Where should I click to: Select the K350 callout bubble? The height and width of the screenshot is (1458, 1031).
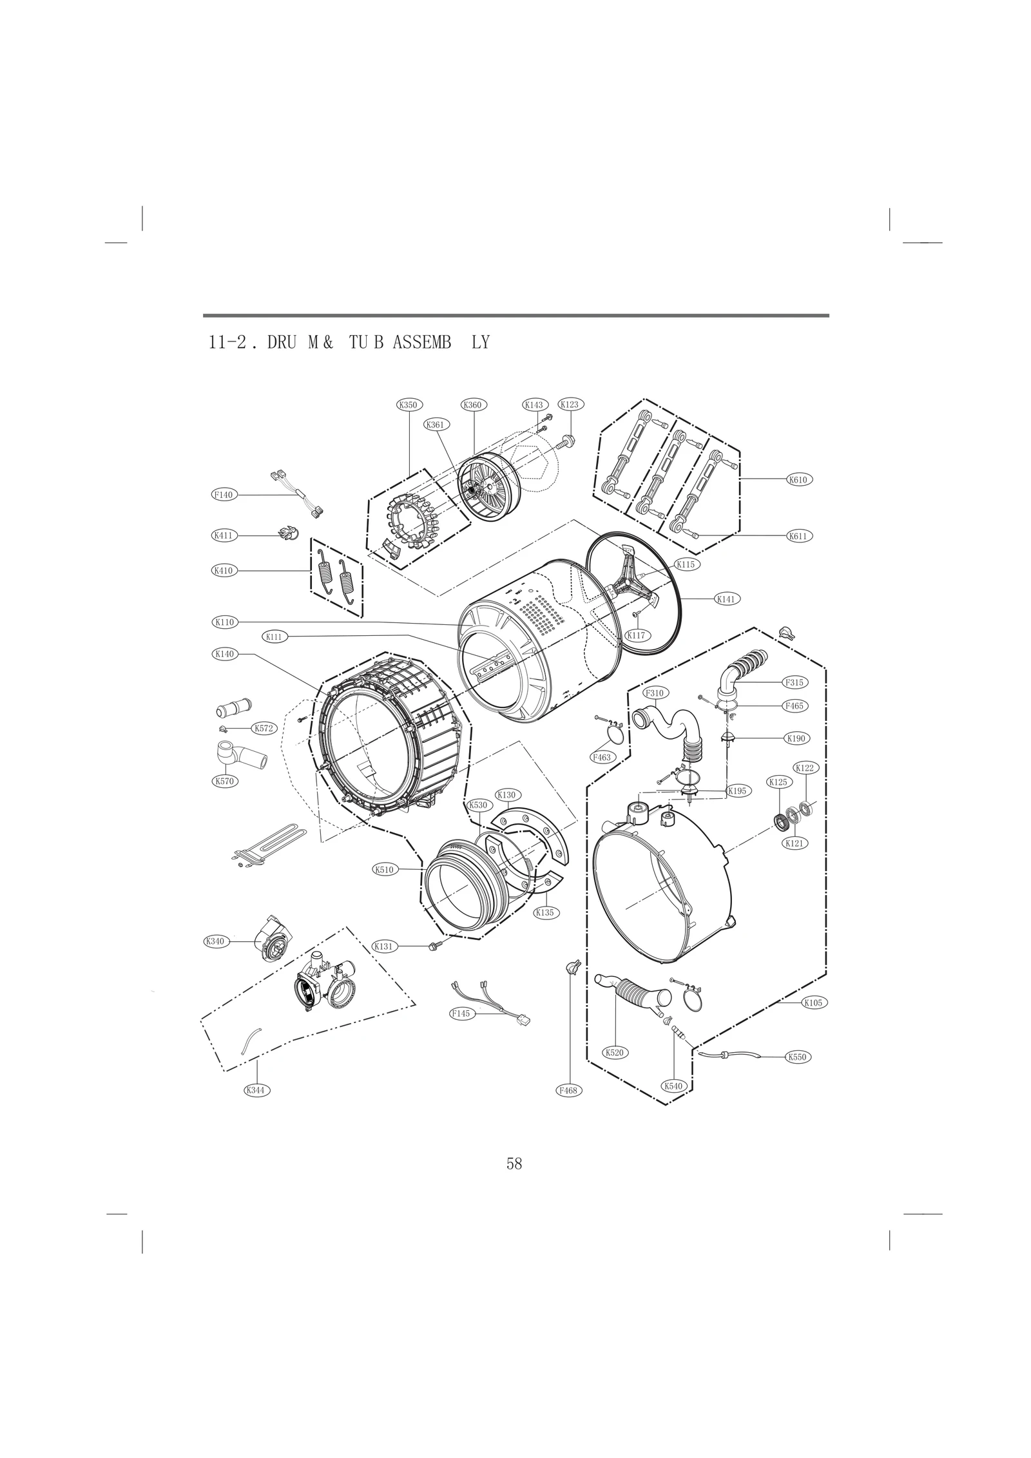click(x=409, y=405)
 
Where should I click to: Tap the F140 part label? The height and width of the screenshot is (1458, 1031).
click(x=224, y=495)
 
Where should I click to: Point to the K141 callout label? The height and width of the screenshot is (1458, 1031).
click(x=726, y=599)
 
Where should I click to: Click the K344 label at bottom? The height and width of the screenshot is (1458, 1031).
click(x=256, y=1090)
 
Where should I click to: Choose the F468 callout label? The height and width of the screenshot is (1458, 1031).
click(x=569, y=1090)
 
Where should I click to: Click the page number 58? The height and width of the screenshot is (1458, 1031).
click(x=514, y=1164)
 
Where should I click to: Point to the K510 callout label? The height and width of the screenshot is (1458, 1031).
click(x=384, y=869)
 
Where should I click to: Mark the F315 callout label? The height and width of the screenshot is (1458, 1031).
click(x=795, y=682)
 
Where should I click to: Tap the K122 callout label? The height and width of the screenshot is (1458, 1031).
click(x=804, y=767)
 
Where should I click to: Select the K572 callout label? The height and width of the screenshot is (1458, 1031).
click(x=264, y=728)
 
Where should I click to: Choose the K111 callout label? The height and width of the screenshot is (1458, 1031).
click(x=275, y=637)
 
